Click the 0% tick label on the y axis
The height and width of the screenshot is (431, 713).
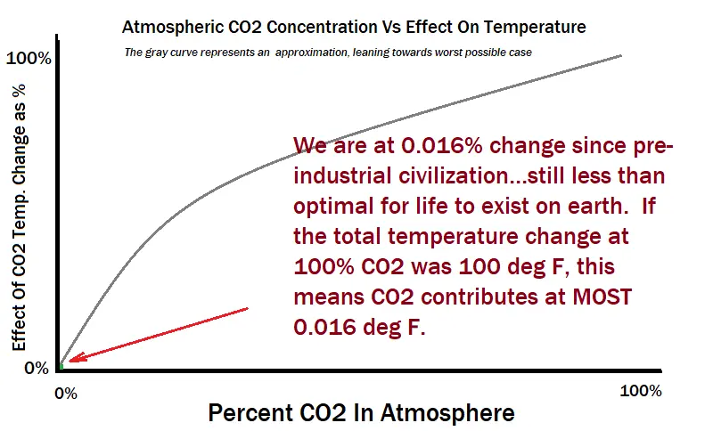(36, 368)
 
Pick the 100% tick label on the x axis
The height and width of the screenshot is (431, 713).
(640, 391)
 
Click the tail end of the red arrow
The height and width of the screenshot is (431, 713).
(246, 309)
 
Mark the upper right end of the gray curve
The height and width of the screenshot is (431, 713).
(621, 55)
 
